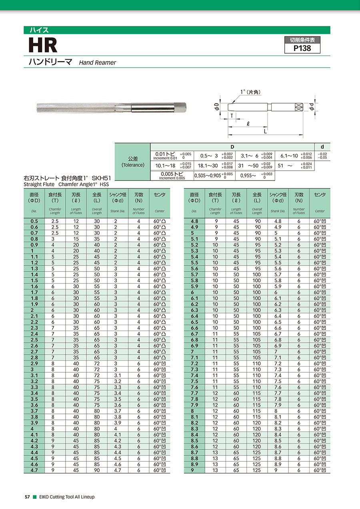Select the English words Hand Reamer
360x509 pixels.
pos(97,63)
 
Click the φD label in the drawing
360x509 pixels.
pos(216,107)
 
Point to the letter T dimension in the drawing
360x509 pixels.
pos(232,116)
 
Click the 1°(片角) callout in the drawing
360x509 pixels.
pos(250,92)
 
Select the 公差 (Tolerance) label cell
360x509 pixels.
pos(132,162)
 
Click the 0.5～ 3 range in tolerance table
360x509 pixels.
pos(209,156)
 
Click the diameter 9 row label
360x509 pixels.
pos(194,470)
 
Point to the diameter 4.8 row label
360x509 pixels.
pos(194,221)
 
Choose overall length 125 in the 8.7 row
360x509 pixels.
pos(257,452)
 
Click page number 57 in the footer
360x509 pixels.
pos(27,497)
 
